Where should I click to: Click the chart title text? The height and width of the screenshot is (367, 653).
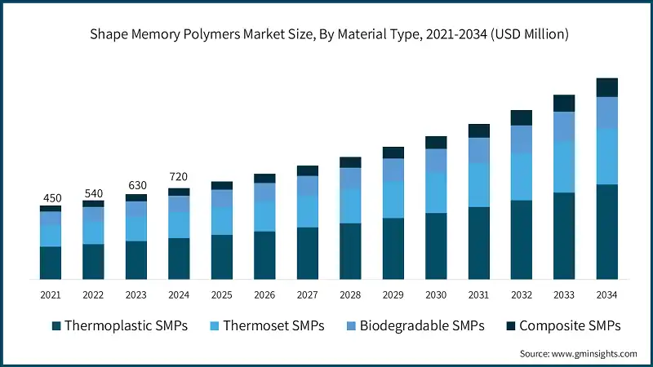326,34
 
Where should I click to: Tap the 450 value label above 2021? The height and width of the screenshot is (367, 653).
51,197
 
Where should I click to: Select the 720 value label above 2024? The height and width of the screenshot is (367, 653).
179,177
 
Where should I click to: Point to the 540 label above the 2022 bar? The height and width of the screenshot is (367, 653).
93,193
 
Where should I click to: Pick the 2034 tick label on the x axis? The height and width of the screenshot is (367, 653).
606,294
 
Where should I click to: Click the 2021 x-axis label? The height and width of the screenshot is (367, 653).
51,294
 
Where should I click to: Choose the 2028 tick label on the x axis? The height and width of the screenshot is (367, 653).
350,294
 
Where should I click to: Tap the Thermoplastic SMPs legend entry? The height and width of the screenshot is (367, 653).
119,325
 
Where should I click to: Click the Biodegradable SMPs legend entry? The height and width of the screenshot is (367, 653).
414,325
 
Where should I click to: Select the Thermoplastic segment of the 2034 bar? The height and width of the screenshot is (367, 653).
606,232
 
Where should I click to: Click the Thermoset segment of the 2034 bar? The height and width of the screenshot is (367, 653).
606,156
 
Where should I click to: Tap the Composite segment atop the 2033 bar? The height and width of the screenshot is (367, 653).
564,103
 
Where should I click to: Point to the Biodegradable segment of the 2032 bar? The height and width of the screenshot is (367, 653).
522,139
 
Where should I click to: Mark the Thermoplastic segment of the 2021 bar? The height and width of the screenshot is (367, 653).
51,263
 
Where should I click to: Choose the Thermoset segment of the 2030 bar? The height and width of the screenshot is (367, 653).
436,192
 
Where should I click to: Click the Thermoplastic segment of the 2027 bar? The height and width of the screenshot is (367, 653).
308,253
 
